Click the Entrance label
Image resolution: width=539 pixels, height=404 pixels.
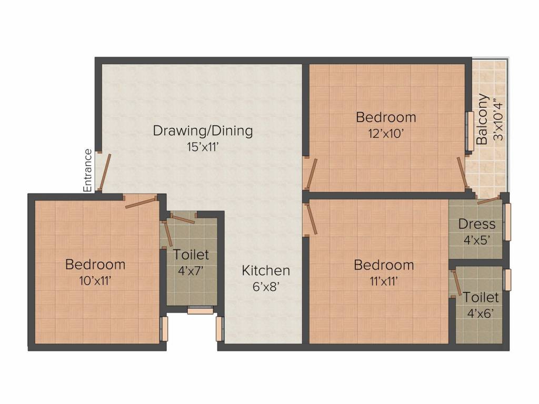[88, 170]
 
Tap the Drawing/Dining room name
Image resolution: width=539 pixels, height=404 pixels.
[203, 131]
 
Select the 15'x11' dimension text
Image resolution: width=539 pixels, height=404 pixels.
[203, 147]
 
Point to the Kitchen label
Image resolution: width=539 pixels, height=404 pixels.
[266, 270]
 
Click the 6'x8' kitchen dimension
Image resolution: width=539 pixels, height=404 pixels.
[265, 287]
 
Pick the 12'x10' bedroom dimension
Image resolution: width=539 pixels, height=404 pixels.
[386, 133]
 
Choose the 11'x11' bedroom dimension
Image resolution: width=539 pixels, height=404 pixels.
[384, 281]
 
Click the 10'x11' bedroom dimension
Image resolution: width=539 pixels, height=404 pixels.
[95, 281]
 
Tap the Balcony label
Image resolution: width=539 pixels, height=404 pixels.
[482, 119]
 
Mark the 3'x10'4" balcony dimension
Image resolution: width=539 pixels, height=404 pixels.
[498, 119]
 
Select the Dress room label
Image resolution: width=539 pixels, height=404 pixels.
[477, 224]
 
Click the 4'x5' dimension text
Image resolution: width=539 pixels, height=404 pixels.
[477, 240]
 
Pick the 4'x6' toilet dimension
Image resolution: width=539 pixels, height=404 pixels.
[481, 313]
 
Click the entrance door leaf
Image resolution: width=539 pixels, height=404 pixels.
[105, 171]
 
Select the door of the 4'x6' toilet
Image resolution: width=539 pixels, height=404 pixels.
[457, 283]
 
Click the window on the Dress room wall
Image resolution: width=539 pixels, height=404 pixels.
[507, 221]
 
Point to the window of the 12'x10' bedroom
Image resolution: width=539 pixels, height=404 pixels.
[470, 131]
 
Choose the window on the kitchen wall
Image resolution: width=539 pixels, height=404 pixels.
[219, 329]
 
